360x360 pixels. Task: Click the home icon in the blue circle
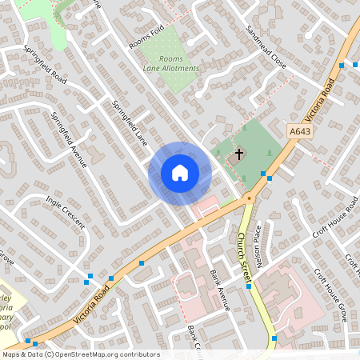coord(179,173)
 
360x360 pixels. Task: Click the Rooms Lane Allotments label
coord(170,64)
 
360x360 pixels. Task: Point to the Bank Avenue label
coord(219,290)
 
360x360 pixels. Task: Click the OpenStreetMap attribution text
coord(81,354)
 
